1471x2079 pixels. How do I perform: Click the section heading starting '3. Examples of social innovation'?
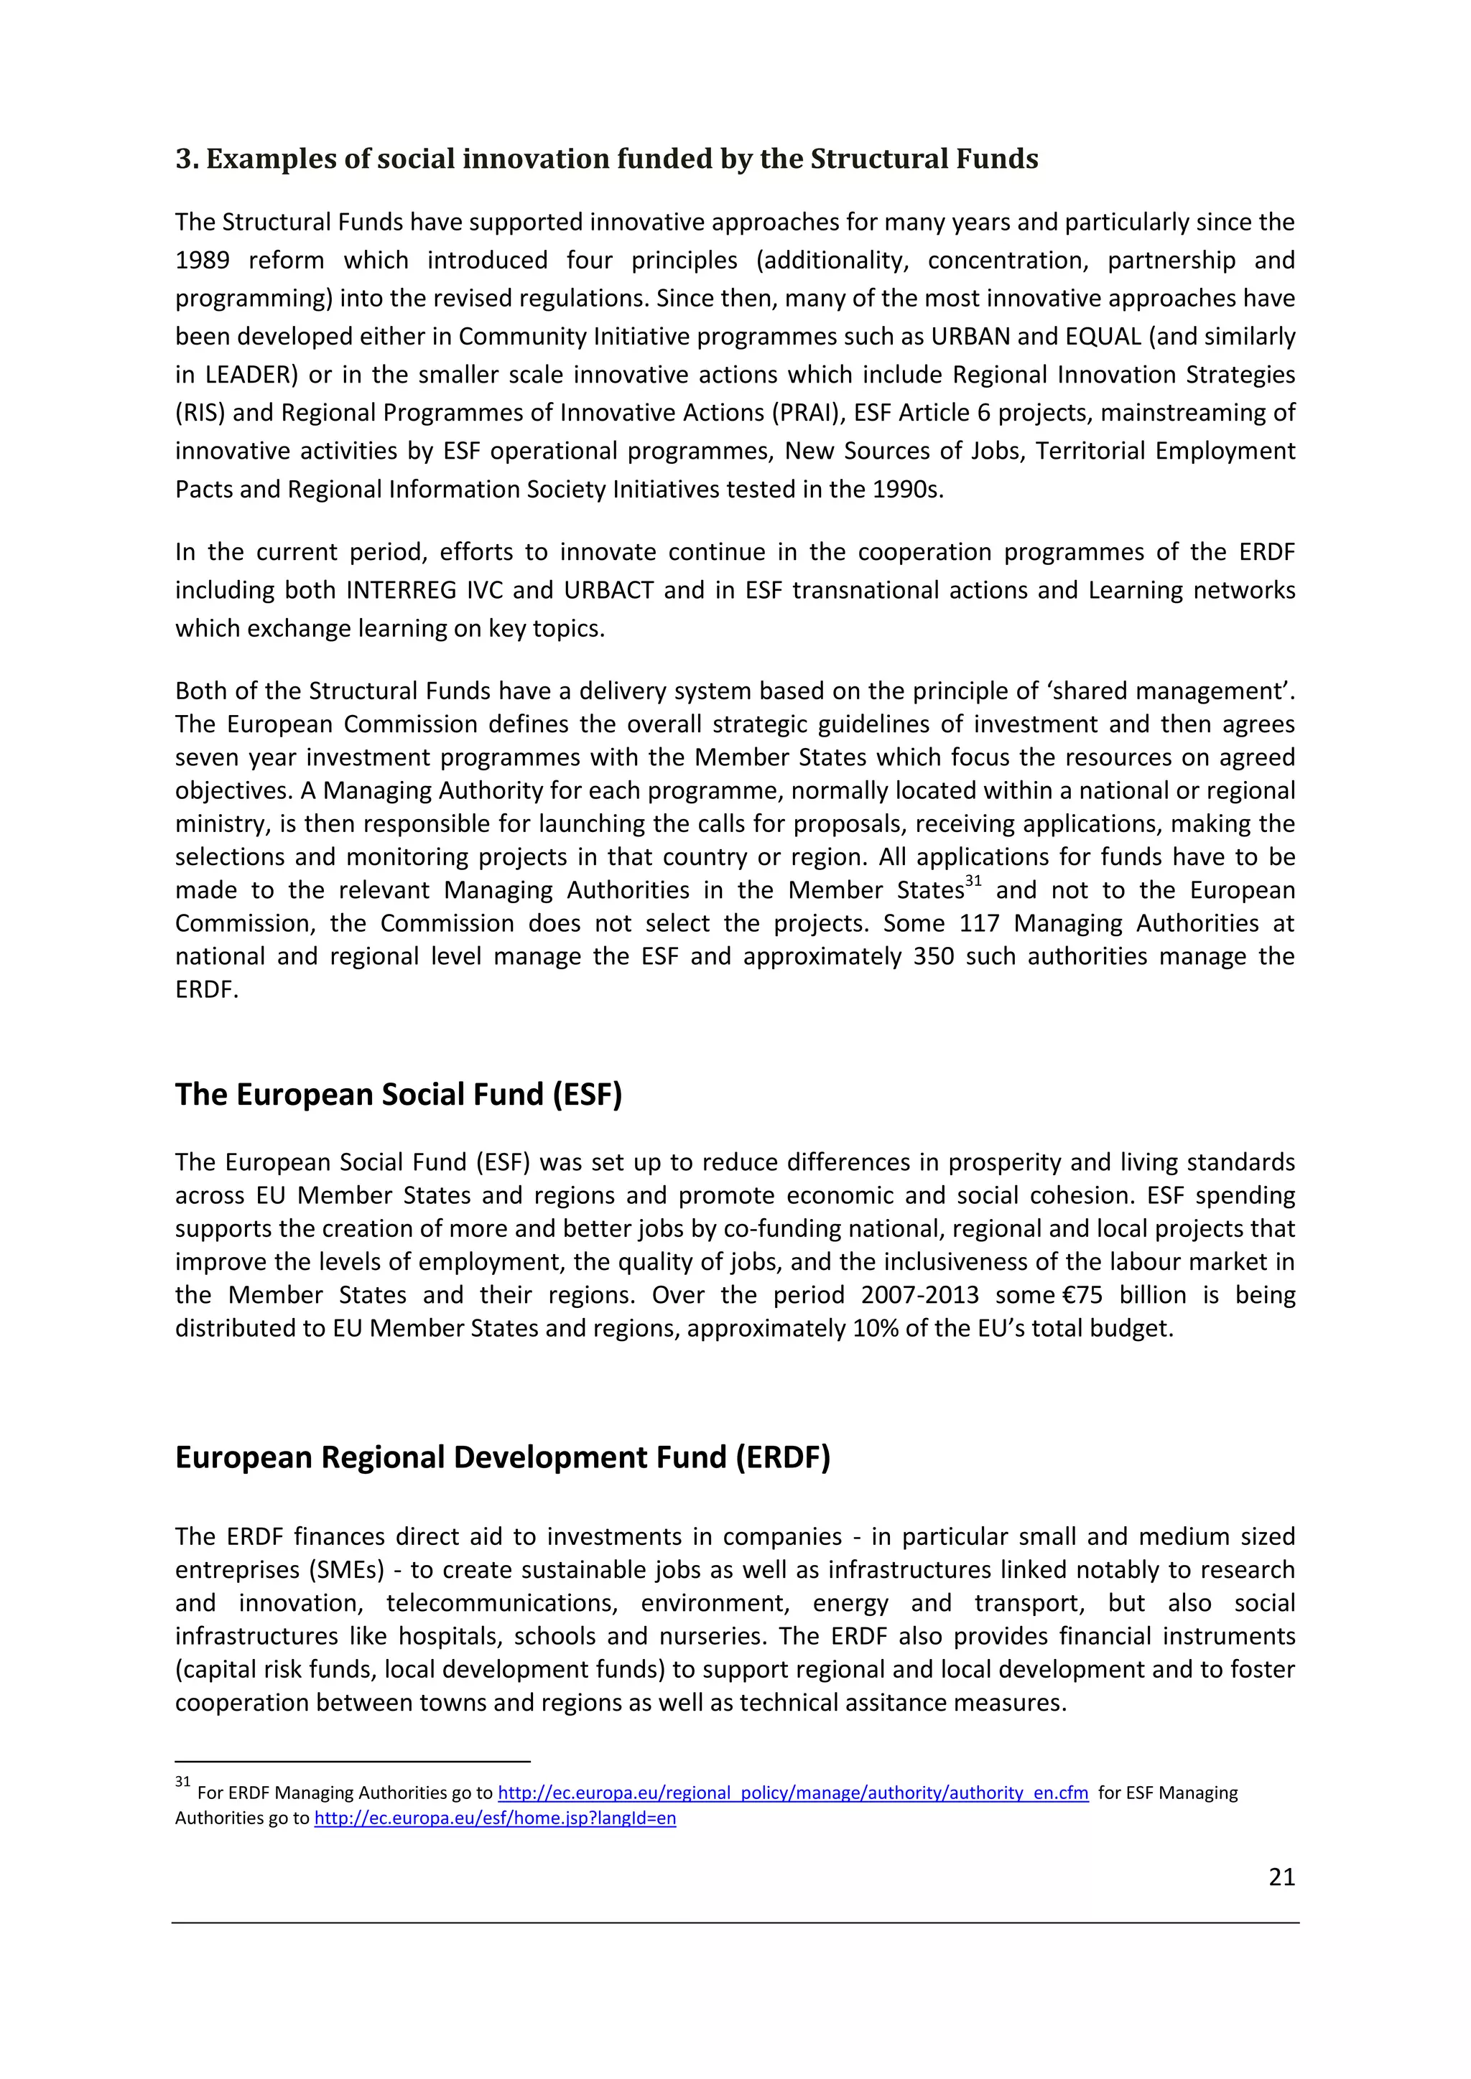tap(606, 159)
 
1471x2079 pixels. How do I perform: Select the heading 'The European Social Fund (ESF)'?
tap(399, 1095)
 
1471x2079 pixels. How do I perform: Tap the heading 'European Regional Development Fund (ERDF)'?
tap(502, 1458)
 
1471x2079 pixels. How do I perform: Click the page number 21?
tap(1281, 1878)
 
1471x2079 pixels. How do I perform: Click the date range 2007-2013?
tap(919, 1296)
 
